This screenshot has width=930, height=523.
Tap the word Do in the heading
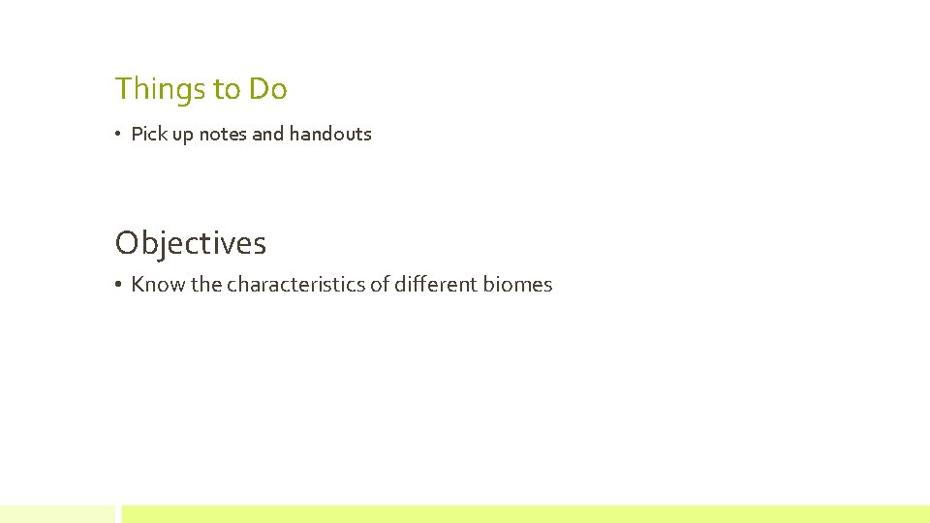point(268,89)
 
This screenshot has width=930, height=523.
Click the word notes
point(223,134)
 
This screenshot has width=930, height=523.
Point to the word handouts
point(330,134)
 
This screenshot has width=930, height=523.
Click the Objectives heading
point(190,243)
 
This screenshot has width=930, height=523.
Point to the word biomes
point(518,285)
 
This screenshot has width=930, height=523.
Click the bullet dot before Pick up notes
point(117,135)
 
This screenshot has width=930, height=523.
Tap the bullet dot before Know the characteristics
point(117,285)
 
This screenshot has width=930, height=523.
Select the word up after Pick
point(183,135)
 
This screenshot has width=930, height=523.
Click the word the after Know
point(206,285)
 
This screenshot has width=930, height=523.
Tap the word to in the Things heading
point(227,89)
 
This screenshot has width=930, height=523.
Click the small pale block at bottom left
point(56,514)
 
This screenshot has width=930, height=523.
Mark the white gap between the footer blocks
point(118,514)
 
